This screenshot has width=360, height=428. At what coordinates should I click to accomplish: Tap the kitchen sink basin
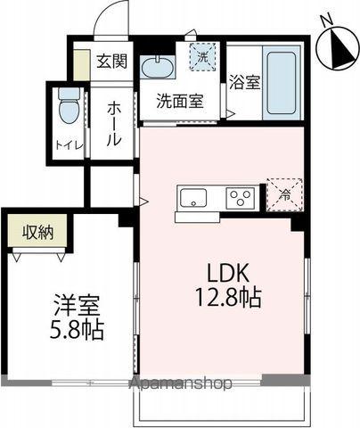(192, 197)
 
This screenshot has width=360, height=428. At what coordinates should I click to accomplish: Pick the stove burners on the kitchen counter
(239, 197)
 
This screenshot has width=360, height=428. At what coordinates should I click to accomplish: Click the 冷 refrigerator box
(285, 193)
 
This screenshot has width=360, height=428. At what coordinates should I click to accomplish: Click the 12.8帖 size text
(230, 298)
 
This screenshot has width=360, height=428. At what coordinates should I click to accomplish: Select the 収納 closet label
(38, 233)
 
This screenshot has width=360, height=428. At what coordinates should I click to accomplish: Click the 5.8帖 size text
(74, 330)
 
